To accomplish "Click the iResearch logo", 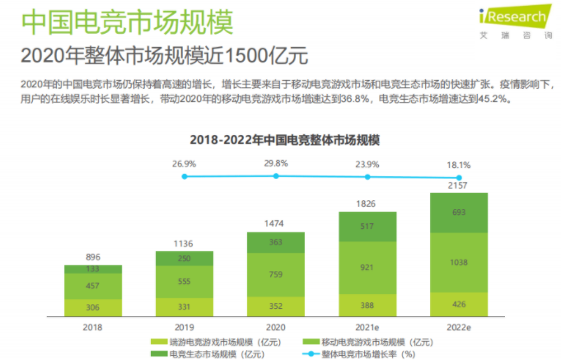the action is (x=516, y=21).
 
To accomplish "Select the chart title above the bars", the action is (x=284, y=140).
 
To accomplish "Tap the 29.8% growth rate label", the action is (x=276, y=164).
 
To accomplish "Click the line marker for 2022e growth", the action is (x=459, y=177).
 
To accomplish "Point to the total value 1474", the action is (x=273, y=223).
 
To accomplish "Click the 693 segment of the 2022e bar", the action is (x=459, y=213).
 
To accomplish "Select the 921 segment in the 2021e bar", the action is (x=367, y=268).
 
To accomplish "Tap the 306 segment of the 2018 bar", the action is (x=93, y=308).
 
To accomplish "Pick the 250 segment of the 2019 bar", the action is (x=185, y=259).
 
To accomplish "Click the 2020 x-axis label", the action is (x=275, y=327).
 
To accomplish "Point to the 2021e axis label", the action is (x=367, y=327).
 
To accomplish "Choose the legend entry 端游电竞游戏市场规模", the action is (x=216, y=342).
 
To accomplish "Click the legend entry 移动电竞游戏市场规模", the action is (x=367, y=342).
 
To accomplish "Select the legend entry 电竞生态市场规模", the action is (x=208, y=354).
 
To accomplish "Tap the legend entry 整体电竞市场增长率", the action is (x=359, y=354).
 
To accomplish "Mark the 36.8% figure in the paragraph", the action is (x=354, y=99).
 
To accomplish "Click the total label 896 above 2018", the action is (x=93, y=257).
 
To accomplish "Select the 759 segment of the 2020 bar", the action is (x=276, y=275).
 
